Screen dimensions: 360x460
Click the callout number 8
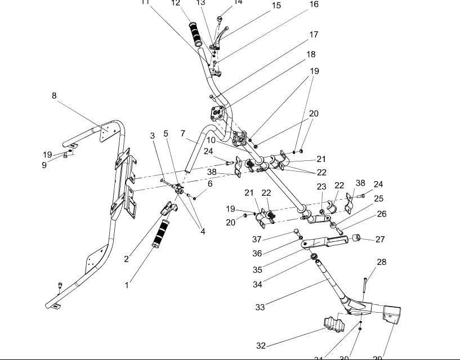pyautogui.click(x=54, y=96)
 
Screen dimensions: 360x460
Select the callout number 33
pyautogui.click(x=260, y=307)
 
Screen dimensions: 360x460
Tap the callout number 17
pyautogui.click(x=314, y=35)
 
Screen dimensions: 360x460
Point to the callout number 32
pyautogui.click(x=261, y=345)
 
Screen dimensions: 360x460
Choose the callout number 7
pyautogui.click(x=183, y=134)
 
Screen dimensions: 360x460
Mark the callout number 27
pyautogui.click(x=380, y=239)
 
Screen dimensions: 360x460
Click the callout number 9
pyautogui.click(x=44, y=165)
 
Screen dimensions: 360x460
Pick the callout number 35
pyautogui.click(x=257, y=270)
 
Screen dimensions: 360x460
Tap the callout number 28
pyautogui.click(x=382, y=262)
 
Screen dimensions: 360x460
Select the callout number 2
pyautogui.click(x=126, y=259)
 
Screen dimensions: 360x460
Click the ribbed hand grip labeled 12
pyautogui.click(x=198, y=34)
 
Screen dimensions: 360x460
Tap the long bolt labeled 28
pyautogui.click(x=365, y=285)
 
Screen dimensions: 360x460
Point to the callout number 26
pyautogui.click(x=382, y=214)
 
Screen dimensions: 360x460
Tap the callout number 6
pyautogui.click(x=210, y=183)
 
